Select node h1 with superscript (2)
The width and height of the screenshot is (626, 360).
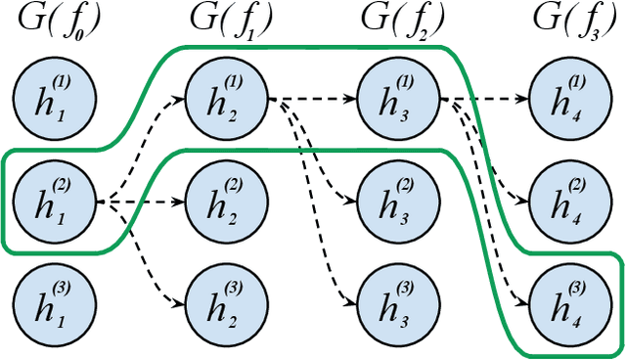pos(54,203)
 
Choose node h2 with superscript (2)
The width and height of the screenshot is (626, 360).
pos(225,203)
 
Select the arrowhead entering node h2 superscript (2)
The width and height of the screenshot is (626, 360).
pos(181,203)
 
